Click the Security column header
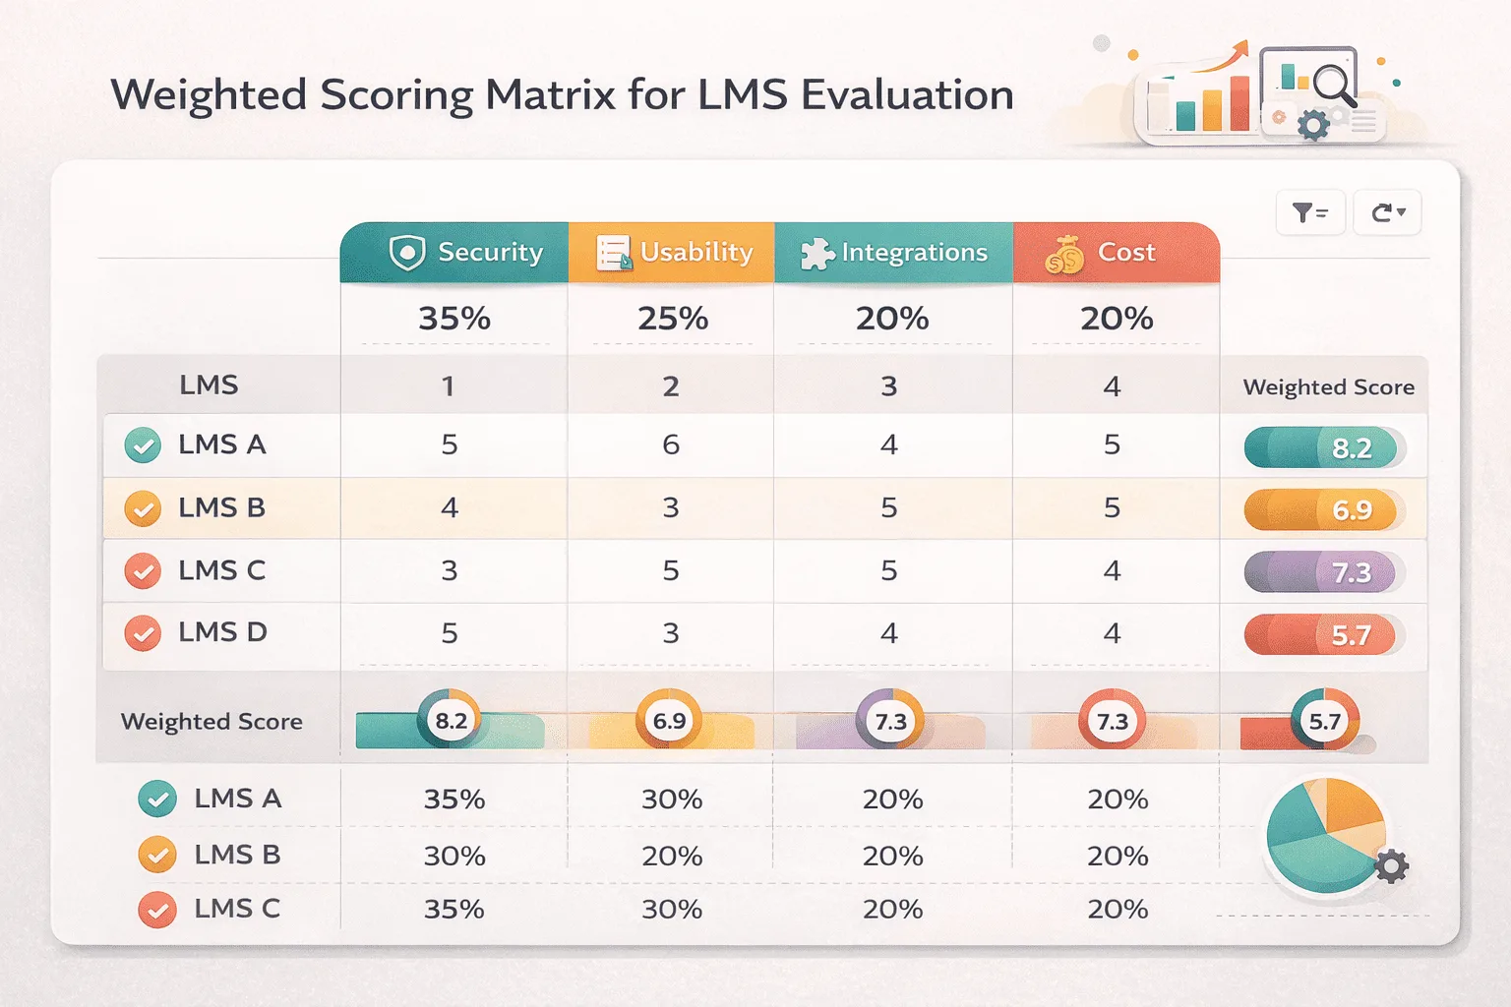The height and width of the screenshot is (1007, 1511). click(x=455, y=253)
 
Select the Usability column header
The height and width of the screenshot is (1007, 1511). click(x=672, y=253)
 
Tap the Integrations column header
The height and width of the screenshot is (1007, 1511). click(x=893, y=253)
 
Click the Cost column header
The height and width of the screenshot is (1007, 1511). click(x=1116, y=253)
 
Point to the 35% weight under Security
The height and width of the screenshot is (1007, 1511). click(x=454, y=319)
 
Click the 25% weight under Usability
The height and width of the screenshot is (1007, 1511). click(x=673, y=319)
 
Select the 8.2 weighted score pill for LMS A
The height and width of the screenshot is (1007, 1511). click(x=1323, y=448)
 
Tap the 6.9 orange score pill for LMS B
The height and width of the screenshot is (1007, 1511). click(x=1323, y=510)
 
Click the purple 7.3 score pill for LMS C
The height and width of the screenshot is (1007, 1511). click(x=1323, y=572)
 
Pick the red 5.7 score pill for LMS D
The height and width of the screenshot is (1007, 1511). click(x=1323, y=635)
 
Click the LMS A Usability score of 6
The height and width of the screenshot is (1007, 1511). click(x=671, y=444)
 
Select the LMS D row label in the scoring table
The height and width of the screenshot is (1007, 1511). click(x=222, y=632)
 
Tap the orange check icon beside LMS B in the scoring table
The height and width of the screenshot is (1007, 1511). click(x=144, y=509)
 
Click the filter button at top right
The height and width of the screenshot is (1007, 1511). click(x=1309, y=212)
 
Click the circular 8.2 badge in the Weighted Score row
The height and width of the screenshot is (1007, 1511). click(x=451, y=721)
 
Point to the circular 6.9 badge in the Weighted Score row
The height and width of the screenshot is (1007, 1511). click(x=669, y=721)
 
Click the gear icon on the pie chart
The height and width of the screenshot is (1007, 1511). click(x=1391, y=866)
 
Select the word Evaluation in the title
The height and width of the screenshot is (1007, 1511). click(x=906, y=95)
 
